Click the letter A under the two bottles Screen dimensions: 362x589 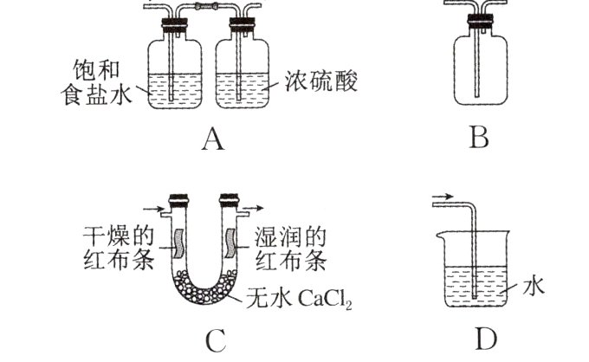point(211,139)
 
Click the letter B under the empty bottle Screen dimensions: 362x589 point(479,139)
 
